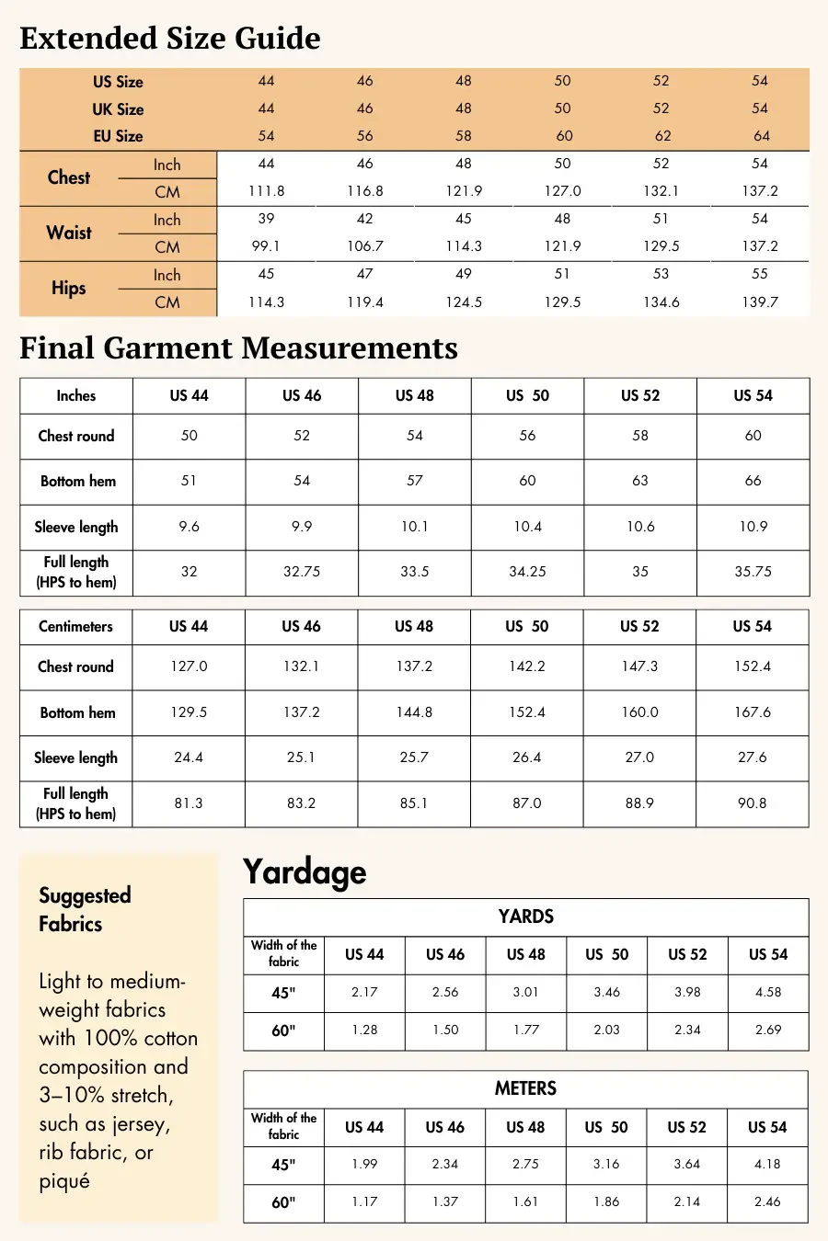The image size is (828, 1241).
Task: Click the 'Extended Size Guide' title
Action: pos(170,39)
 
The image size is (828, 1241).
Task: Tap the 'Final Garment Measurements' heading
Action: pos(238,348)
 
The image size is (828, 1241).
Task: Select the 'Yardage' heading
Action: pos(305,872)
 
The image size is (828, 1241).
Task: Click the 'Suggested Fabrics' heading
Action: pos(85,909)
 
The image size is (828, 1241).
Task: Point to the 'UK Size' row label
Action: pos(118,109)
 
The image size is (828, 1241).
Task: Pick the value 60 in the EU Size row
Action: pos(564,136)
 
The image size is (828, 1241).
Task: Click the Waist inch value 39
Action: pos(266,219)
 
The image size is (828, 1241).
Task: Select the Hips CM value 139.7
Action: pos(760,302)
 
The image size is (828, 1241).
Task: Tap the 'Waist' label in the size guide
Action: pos(69,233)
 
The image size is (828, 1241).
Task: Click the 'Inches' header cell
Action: pos(75,395)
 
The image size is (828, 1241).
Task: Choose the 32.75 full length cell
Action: pos(302,572)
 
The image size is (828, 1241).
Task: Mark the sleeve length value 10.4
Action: pos(527,527)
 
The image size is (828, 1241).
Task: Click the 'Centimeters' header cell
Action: pos(75,626)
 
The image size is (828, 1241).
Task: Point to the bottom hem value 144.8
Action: pos(414,712)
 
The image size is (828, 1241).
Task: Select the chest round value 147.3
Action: pos(639,666)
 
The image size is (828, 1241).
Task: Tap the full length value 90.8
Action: pos(752,803)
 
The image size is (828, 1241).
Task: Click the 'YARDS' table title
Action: pos(525,917)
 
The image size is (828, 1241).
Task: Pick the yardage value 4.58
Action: pos(768,992)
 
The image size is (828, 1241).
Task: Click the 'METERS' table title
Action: pos(525,1088)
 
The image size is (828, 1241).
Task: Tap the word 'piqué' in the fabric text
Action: pos(64,1181)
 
